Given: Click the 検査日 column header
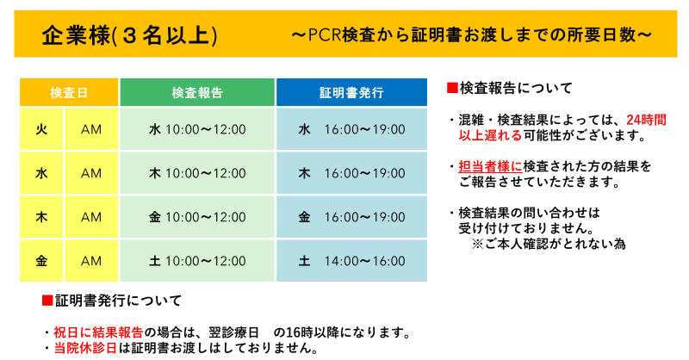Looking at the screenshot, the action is [69, 92].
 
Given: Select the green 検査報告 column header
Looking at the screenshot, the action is [197, 92].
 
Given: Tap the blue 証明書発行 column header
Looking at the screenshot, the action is [351, 92].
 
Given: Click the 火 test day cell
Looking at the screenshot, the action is [41, 129].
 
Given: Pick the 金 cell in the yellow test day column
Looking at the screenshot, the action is [41, 261].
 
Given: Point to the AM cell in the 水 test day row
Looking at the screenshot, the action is [91, 173].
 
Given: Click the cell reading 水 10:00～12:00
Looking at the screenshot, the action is [197, 129].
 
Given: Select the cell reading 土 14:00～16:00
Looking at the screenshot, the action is [351, 261].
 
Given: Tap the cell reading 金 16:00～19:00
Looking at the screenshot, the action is [351, 217].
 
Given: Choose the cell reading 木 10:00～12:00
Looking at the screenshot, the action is [197, 173].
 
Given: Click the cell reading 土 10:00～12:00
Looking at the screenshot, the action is [197, 261].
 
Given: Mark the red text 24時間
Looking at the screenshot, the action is [647, 120].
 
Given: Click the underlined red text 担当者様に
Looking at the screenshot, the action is [491, 166].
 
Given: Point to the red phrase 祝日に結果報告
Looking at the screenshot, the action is [99, 332].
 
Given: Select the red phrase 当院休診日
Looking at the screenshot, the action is [85, 348].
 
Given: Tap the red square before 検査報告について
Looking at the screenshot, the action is [452, 88].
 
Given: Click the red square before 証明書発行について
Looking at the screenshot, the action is [47, 301].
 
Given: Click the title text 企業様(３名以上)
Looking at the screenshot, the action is [130, 35].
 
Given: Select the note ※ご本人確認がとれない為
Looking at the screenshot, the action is [549, 244].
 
